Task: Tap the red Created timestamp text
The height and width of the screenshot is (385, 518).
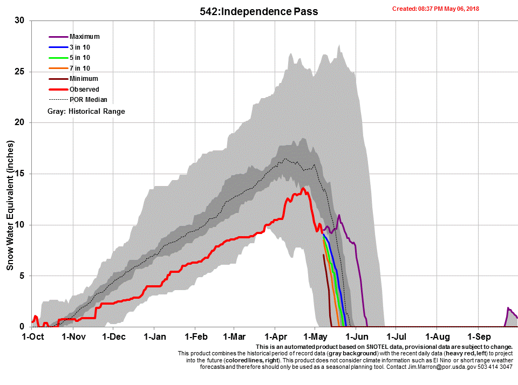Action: (x=435, y=9)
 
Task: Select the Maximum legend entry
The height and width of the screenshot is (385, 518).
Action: (x=84, y=37)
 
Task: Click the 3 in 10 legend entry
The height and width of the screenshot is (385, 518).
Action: (x=79, y=47)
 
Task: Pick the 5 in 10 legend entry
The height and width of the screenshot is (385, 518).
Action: (x=79, y=58)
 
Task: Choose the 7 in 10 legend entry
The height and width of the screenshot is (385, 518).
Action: (x=79, y=68)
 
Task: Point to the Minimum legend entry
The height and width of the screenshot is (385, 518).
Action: (x=84, y=79)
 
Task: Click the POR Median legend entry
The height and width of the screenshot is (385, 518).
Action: (x=88, y=100)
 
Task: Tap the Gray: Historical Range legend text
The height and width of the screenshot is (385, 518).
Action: (x=86, y=111)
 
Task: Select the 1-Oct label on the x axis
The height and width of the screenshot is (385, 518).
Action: (x=32, y=337)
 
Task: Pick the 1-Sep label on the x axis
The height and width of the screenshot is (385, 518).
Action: (x=478, y=337)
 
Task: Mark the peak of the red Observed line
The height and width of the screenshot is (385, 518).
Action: (x=303, y=189)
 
